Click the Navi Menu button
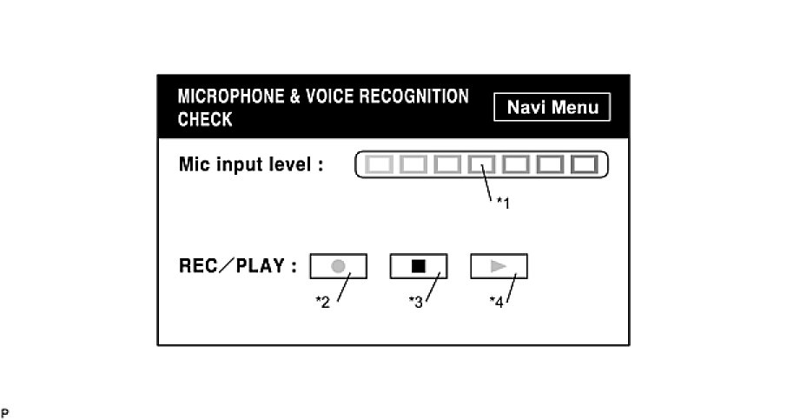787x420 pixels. (x=552, y=108)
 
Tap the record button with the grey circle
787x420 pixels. (x=339, y=266)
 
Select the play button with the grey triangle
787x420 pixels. (x=499, y=266)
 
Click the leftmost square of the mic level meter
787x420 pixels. (x=377, y=163)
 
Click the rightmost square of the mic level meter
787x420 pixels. (x=585, y=163)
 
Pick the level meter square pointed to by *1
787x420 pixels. (x=481, y=163)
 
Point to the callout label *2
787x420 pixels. (x=322, y=303)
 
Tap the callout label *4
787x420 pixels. (x=496, y=303)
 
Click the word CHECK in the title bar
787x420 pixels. (x=205, y=120)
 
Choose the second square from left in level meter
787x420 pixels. (x=412, y=163)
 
